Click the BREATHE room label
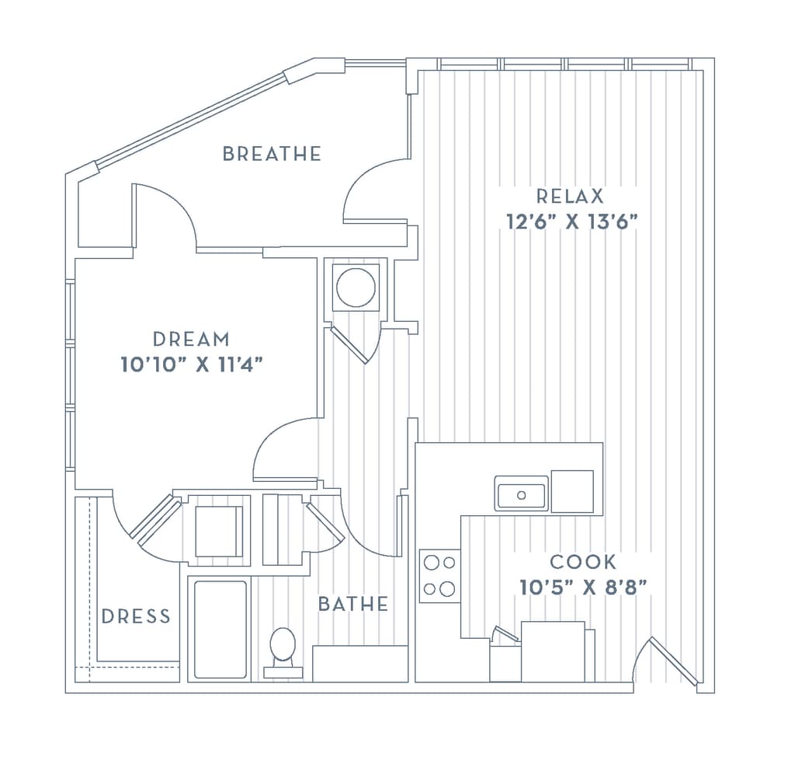pos(271,153)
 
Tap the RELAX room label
pos(569,197)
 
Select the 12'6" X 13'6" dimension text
pos(571,222)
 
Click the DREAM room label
pos(191,339)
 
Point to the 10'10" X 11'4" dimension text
pos(193,364)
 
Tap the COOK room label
pos(583,561)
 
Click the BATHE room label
pos(353,604)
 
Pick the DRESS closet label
pos(136,616)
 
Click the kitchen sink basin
pos(521,494)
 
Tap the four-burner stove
pos(439,576)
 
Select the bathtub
pos(220,629)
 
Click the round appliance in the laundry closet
pos(356,288)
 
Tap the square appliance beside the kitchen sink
pos(572,491)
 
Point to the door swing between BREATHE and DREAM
pos(165,214)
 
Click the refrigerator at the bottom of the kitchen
pos(552,651)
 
